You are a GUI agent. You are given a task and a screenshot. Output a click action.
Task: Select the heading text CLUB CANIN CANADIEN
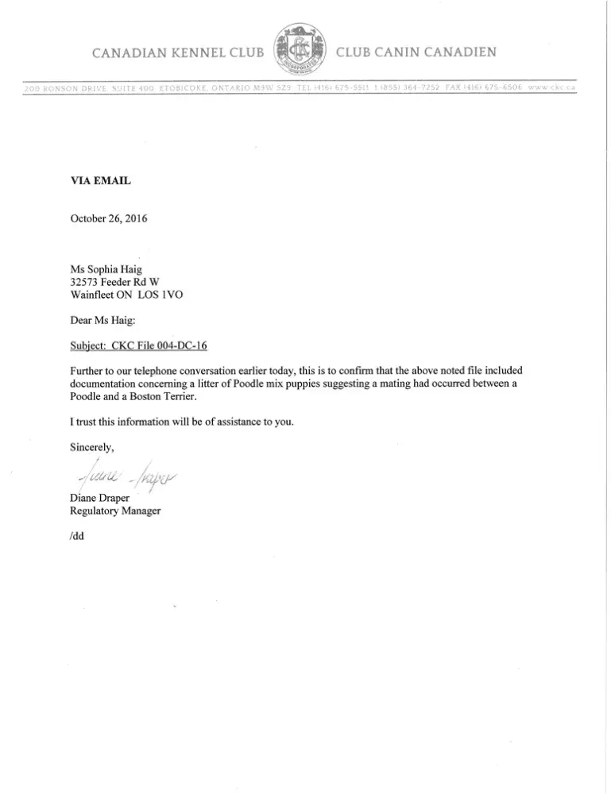tap(417, 53)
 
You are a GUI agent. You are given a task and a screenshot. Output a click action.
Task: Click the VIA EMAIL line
tap(101, 180)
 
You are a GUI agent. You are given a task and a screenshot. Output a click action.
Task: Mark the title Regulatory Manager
tap(116, 511)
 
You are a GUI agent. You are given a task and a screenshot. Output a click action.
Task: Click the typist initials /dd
tap(77, 535)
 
